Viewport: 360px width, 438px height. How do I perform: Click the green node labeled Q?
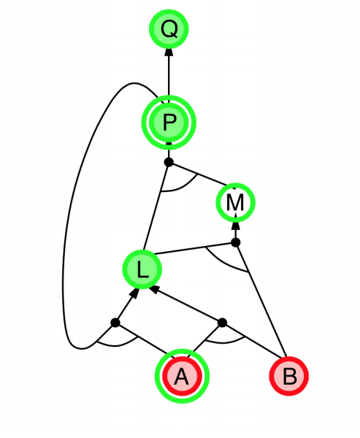169,29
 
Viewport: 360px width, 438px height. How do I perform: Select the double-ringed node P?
169,123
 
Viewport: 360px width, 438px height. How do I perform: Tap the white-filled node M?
236,202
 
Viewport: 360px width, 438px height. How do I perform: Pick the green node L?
142,269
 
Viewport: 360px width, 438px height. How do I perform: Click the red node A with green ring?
182,376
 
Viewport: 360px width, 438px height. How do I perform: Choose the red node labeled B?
289,376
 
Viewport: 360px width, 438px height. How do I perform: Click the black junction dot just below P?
169,162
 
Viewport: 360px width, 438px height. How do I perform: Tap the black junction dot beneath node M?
236,242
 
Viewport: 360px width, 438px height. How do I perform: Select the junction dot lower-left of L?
115,323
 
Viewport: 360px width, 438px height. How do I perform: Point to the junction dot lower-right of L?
222,323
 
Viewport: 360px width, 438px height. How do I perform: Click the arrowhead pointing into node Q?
169,53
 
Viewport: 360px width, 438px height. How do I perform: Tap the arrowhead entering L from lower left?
134,293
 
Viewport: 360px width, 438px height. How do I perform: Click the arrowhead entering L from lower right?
155,289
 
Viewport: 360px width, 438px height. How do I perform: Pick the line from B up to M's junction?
261,301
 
